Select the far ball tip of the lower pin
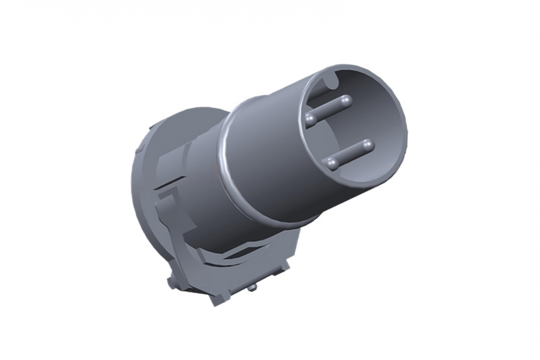coord(367,145)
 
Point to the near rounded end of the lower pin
coord(331,162)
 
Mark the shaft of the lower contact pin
coord(349,154)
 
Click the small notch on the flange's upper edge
coord(151,126)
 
